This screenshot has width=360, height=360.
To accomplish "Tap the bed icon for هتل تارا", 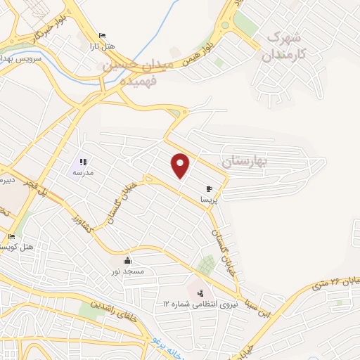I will pyautogui.click(x=103, y=36).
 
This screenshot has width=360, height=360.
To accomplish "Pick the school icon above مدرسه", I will pyautogui.click(x=83, y=162).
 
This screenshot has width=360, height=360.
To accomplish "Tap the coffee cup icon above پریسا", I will pyautogui.click(x=209, y=189).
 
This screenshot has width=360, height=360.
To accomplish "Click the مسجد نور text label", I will pyautogui.click(x=127, y=271).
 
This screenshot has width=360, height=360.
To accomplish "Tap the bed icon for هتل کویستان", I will pyautogui.click(x=11, y=236).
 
